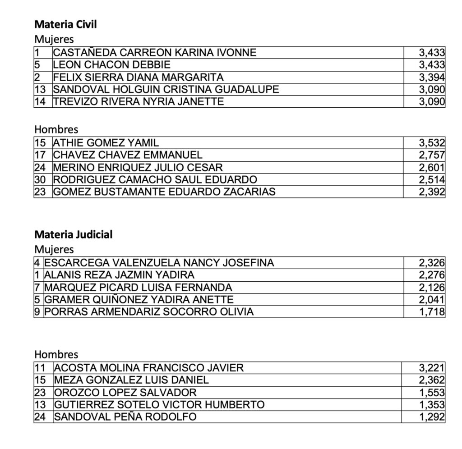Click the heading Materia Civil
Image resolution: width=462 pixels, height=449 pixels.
coord(65,24)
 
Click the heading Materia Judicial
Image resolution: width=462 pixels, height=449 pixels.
coord(74,234)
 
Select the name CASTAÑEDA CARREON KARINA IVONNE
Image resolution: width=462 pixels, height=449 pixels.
coord(155,53)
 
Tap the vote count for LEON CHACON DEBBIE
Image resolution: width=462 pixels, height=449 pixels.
coord(432,65)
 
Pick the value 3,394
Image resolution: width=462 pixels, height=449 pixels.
coord(432,77)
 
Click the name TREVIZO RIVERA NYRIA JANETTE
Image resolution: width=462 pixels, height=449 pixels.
coord(139,101)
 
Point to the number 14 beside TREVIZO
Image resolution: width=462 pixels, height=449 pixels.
coord(40,101)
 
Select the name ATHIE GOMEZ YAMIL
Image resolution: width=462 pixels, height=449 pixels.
coord(106,143)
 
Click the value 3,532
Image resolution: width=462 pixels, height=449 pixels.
coord(432,143)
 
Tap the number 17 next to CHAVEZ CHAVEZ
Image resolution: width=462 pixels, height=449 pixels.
coord(40,155)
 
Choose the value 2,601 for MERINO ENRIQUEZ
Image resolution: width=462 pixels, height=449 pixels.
coord(432,168)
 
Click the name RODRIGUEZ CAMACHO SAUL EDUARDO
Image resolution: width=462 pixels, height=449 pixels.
coord(155,179)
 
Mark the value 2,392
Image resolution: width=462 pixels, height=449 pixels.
coord(432,192)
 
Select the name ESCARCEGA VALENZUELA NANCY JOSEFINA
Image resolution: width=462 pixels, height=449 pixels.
coord(159,263)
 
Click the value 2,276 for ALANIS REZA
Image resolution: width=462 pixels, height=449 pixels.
coord(432,275)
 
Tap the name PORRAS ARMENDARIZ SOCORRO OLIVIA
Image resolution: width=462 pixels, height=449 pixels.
coord(149,312)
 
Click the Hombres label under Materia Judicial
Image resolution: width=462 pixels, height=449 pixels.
coord(56,354)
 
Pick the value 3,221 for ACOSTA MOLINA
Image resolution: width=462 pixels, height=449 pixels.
coord(432,368)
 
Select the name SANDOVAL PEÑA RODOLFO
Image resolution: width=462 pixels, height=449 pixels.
coord(125,417)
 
